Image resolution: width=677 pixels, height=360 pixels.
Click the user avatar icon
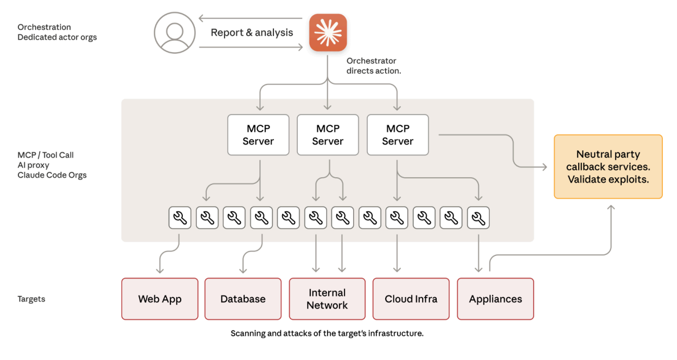tap(174, 33)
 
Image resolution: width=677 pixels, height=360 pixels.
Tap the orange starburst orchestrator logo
tap(328, 33)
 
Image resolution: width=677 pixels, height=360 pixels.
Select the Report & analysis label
tap(252, 33)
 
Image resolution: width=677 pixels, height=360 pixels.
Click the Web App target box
tap(159, 299)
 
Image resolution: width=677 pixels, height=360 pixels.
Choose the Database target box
tap(243, 299)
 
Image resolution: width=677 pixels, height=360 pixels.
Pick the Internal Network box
tap(327, 299)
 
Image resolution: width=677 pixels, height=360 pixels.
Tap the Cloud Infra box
tap(411, 299)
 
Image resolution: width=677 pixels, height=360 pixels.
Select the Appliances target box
tap(495, 299)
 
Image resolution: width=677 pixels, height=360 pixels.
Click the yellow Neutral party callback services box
tap(608, 166)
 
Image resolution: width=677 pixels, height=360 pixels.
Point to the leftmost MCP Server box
tap(258, 135)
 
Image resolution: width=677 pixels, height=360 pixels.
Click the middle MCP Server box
tap(328, 135)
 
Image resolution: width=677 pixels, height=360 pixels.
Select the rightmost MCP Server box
tap(398, 135)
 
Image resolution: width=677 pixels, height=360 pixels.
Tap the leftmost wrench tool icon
tap(180, 218)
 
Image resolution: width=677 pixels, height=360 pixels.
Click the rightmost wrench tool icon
tap(478, 218)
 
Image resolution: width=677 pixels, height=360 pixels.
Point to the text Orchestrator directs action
tap(374, 66)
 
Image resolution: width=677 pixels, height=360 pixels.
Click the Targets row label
tap(31, 299)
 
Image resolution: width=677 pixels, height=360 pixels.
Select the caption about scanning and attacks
tap(327, 333)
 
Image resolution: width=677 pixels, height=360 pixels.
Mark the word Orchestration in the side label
tap(44, 27)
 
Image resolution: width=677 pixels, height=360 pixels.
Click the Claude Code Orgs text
tap(52, 175)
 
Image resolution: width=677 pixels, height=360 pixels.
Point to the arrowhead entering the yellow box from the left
tap(545, 168)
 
